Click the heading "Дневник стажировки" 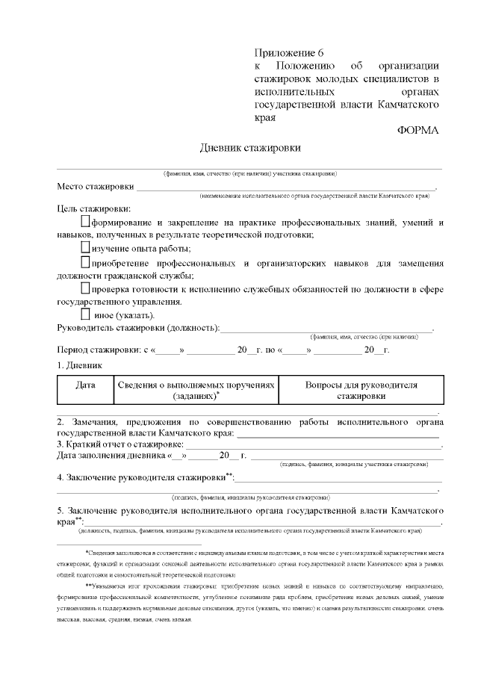pos(245,147)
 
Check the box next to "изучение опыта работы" pos(84,248)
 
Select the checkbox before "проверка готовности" pos(84,288)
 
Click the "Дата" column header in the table pos(85,385)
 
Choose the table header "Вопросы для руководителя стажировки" pos(361,390)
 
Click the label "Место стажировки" pos(96,186)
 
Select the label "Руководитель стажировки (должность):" pos(138,328)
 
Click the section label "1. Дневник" pos(80,365)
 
